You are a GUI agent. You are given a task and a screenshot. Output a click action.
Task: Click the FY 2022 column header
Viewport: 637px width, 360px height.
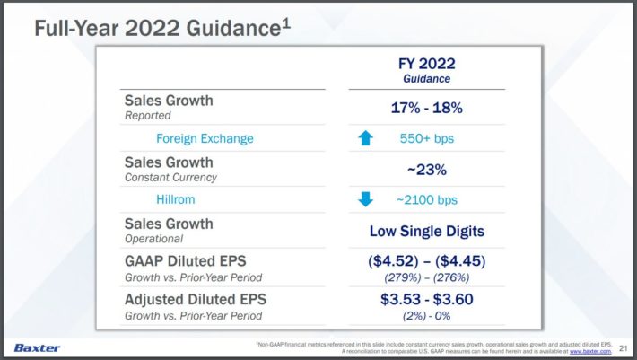pyautogui.click(x=427, y=64)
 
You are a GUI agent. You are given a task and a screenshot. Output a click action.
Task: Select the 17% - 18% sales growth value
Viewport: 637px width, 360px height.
pyautogui.click(x=427, y=108)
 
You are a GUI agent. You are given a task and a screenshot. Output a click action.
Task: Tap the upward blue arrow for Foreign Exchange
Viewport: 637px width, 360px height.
pyautogui.click(x=365, y=138)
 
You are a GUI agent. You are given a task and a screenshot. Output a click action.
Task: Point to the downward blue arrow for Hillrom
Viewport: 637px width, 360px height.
pyautogui.click(x=365, y=199)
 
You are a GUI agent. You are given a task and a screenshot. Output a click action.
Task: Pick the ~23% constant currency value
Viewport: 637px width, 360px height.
pyautogui.click(x=427, y=169)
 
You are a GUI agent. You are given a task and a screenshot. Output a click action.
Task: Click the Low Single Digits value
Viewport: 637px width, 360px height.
pyautogui.click(x=427, y=231)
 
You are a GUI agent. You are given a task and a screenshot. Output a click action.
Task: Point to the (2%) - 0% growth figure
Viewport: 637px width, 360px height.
pyautogui.click(x=427, y=316)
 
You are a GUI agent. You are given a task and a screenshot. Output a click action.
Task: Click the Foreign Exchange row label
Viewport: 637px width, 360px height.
pyautogui.click(x=205, y=138)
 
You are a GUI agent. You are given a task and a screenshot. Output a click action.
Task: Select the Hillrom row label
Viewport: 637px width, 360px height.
pyautogui.click(x=177, y=199)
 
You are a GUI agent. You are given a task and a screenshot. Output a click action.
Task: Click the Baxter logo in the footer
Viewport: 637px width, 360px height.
pyautogui.click(x=37, y=347)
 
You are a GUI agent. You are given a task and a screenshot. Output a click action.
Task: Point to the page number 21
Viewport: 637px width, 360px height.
pyautogui.click(x=624, y=347)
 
